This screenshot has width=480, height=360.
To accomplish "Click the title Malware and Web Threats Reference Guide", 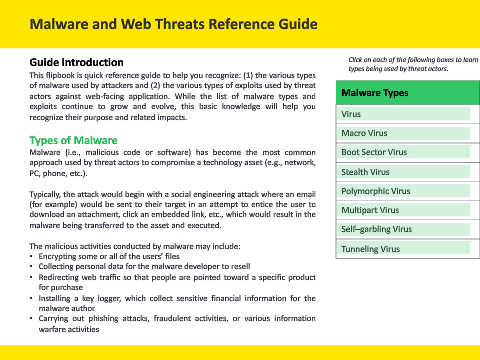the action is [x=173, y=24].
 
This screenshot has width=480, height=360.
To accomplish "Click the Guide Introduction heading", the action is [x=76, y=62].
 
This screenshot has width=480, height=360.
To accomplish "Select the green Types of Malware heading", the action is [x=73, y=140].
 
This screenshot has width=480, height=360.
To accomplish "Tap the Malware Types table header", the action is [x=408, y=93].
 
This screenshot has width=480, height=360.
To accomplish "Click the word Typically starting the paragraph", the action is [x=45, y=194].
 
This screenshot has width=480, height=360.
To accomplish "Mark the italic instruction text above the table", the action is [x=413, y=64].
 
